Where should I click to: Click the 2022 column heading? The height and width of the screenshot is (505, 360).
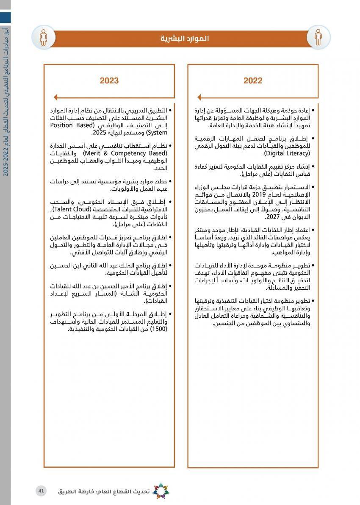(x=253, y=80)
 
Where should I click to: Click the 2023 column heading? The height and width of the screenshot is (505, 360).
(x=109, y=80)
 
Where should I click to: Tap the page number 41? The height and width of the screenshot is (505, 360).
(x=41, y=491)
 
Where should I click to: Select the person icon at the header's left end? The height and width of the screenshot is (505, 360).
(x=44, y=37)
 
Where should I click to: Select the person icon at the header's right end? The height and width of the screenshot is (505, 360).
(x=318, y=37)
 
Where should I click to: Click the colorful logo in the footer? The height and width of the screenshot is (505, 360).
(x=161, y=491)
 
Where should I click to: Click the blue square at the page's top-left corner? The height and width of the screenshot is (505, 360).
(x=5, y=17)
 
